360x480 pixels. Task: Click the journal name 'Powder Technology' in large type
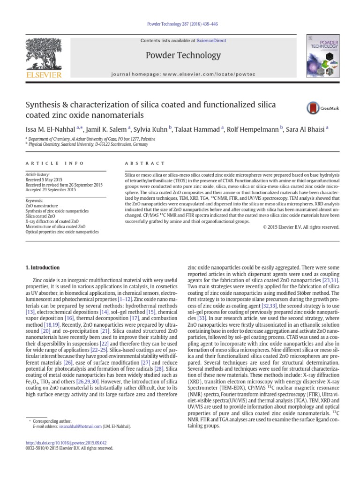(x=183, y=55)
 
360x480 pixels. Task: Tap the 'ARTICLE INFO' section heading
(x=54, y=163)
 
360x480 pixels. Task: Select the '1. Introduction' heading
(x=42, y=268)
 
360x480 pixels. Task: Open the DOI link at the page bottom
(x=68, y=442)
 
